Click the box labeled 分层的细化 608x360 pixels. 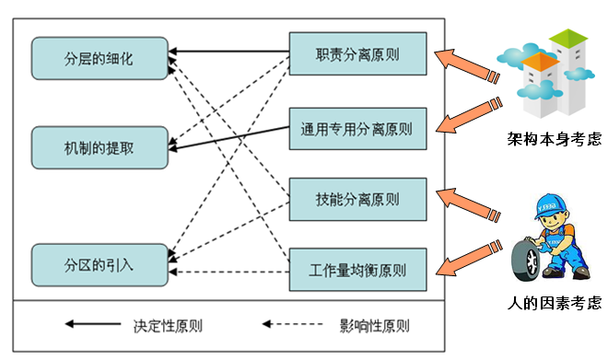coord(99,58)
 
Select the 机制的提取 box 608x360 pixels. coord(99,148)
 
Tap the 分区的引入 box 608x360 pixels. coord(99,264)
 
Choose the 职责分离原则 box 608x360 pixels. coord(357,53)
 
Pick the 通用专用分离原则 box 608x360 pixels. coord(357,128)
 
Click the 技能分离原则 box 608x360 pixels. coord(357,198)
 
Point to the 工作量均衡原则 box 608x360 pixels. coord(357,271)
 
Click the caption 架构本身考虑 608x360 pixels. coord(554,139)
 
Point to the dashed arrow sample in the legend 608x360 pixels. coord(294,325)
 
